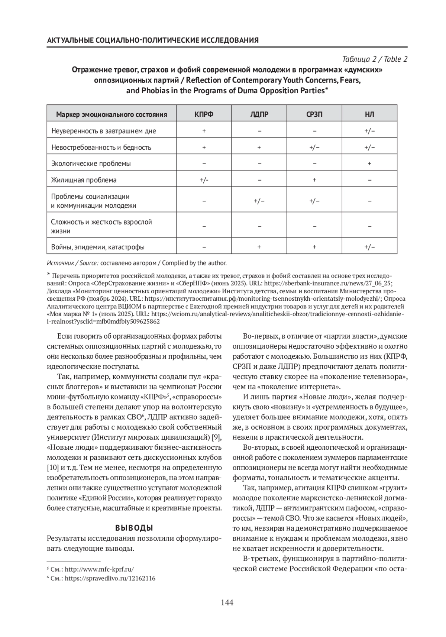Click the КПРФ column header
tap(204, 114)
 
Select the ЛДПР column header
tap(259, 114)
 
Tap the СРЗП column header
tap(314, 114)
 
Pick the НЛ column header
tap(369, 114)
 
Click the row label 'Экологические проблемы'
tap(91, 164)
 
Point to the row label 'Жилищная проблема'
tap(84, 180)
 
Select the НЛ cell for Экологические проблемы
tap(369, 164)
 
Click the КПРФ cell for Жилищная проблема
tap(204, 180)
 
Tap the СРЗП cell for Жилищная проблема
tap(314, 180)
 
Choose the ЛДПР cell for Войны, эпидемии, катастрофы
tap(259, 247)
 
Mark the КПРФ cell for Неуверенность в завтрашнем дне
tap(204, 131)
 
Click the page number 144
tap(227, 602)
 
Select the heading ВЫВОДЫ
tap(134, 528)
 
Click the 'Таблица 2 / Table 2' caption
tap(375, 59)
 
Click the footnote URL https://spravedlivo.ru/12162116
tap(110, 579)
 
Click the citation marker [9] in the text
tap(217, 436)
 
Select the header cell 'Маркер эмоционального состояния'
tap(111, 114)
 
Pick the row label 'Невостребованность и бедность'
tap(101, 147)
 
